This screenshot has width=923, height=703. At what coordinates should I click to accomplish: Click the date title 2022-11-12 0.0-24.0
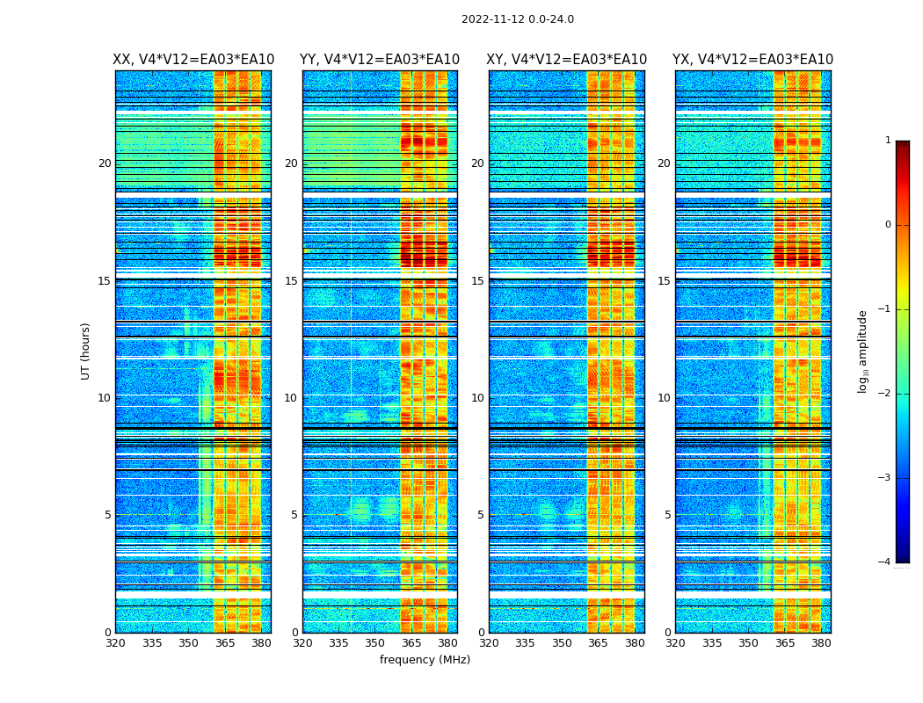tap(517, 19)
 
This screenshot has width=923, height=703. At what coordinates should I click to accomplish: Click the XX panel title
tap(193, 60)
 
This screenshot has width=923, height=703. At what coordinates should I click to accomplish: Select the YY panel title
tap(380, 60)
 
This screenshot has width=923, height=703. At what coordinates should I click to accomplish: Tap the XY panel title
tap(566, 60)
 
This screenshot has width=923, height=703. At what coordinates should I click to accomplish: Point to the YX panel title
tap(752, 60)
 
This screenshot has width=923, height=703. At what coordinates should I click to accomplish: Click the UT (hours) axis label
tap(86, 351)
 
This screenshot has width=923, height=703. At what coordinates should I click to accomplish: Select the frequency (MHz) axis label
tap(425, 660)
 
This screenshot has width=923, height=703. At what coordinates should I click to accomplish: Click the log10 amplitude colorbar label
tap(863, 351)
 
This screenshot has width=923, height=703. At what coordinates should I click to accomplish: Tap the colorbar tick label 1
tap(888, 141)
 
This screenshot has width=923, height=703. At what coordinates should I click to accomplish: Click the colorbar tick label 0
tap(888, 225)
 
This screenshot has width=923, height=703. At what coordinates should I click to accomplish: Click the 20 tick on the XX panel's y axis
tap(105, 163)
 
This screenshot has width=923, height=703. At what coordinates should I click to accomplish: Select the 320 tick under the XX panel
tap(115, 643)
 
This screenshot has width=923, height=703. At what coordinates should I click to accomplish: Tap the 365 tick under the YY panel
tap(411, 643)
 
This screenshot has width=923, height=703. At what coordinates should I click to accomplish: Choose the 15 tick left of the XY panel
tap(477, 281)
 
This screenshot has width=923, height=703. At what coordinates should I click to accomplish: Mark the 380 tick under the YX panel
tap(821, 643)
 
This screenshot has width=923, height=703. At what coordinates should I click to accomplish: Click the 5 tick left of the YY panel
tap(294, 515)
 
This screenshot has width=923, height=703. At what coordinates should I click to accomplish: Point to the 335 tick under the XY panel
tap(526, 643)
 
